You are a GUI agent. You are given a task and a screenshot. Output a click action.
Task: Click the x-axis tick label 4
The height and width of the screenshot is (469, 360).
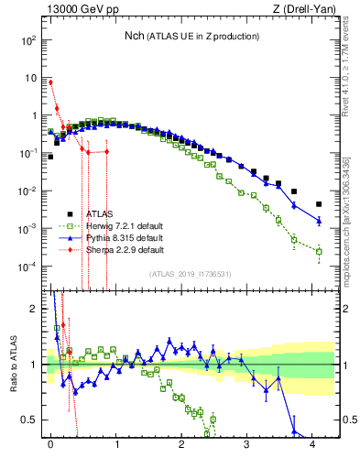[x=312, y=444]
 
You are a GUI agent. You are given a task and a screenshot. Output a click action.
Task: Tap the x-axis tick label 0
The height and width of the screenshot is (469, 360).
[x=49, y=444]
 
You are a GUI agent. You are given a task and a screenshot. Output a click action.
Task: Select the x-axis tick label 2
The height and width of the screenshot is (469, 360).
[x=181, y=444]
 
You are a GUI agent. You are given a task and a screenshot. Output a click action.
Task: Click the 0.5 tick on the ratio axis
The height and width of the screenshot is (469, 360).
[x=28, y=420]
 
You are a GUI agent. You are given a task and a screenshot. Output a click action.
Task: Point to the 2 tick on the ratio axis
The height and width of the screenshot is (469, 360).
[x=33, y=309]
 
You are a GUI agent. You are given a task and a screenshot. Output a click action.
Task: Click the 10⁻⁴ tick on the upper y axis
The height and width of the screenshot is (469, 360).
[x=27, y=267]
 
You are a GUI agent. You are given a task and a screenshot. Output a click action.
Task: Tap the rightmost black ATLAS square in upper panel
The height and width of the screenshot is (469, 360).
[x=319, y=204]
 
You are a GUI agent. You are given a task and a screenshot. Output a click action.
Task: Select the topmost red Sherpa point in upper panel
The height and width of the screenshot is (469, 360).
[x=50, y=82]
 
